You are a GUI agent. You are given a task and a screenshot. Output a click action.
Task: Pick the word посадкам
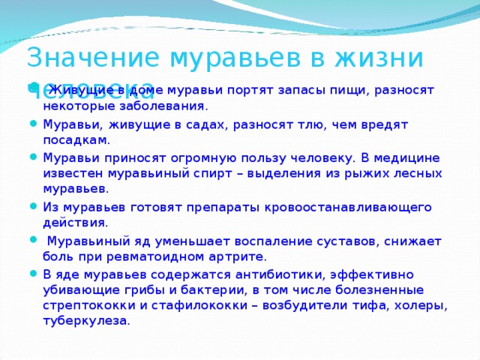pos(75,140)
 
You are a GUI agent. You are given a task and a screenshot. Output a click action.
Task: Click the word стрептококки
pos(82,306)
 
